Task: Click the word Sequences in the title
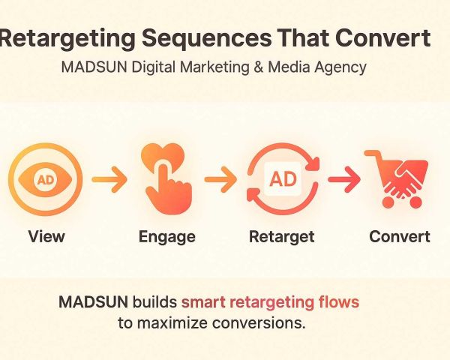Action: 207,40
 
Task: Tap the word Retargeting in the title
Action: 67,40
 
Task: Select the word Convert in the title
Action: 382,38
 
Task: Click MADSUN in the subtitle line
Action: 94,67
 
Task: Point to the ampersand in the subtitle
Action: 258,67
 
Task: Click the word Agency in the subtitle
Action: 340,68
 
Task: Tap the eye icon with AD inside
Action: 45,179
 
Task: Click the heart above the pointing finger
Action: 163,156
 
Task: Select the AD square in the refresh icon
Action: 283,179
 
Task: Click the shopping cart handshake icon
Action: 397,178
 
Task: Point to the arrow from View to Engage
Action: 109,179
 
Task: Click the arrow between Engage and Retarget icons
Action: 220,179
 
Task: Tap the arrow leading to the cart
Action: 344,179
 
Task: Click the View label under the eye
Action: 46,236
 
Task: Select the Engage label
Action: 167,238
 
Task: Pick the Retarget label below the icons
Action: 282,238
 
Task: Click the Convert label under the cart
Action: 400,236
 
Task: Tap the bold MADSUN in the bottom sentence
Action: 94,302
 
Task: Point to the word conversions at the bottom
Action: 259,323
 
